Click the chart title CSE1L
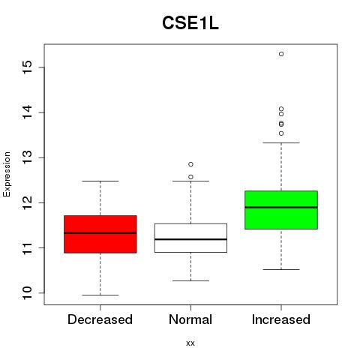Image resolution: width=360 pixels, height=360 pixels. click(190, 23)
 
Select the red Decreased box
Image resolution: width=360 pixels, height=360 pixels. click(100, 234)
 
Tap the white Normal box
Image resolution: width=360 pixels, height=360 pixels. click(190, 238)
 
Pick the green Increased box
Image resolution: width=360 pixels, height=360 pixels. click(281, 210)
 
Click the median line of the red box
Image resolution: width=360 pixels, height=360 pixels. click(100, 233)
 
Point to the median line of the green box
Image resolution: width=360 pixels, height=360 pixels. click(281, 207)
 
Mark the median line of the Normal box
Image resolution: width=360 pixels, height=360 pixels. click(190, 239)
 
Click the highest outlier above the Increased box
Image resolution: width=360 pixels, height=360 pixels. click(281, 54)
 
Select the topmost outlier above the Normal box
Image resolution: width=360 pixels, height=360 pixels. click(190, 164)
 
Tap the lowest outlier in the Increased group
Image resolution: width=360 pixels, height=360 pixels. click(281, 133)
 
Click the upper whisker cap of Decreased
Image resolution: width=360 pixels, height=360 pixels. click(100, 181)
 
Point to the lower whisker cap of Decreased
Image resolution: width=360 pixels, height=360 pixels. click(100, 295)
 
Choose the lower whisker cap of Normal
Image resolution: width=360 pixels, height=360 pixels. click(190, 280)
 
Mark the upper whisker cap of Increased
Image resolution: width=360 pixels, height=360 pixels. click(281, 142)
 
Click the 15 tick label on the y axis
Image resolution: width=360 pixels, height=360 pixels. click(28, 67)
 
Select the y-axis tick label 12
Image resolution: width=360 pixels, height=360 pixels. click(28, 202)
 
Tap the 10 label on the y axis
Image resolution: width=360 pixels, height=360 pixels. click(28, 293)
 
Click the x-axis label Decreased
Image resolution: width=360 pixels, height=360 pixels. click(100, 319)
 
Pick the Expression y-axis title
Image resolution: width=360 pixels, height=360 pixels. click(7, 174)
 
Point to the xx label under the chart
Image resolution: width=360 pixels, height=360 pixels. click(190, 343)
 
